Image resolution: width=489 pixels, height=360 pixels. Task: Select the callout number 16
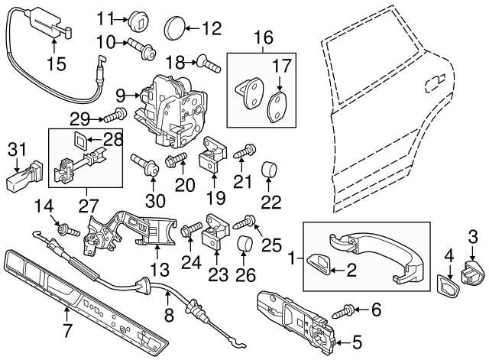click(263, 36)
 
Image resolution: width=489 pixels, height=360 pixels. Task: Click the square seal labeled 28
click(80, 140)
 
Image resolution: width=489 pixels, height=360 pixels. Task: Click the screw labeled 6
click(347, 310)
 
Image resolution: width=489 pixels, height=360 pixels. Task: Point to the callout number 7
click(68, 331)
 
